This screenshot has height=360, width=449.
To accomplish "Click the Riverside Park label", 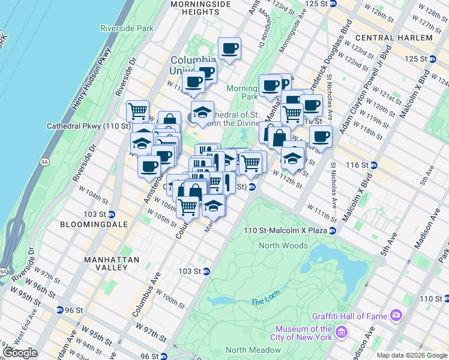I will (x=127, y=28).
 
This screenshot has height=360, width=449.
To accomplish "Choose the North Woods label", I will (x=283, y=245).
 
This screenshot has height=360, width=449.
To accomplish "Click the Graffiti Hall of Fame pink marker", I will (x=396, y=315).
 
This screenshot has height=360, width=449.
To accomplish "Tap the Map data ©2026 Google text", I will (x=411, y=355).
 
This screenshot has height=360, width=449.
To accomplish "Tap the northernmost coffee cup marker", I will (x=229, y=49).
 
